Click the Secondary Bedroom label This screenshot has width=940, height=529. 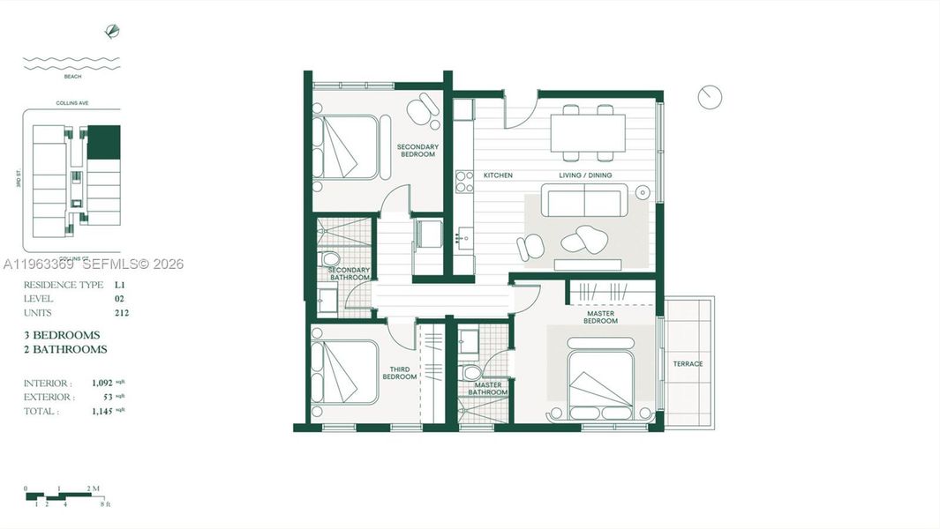(417, 151)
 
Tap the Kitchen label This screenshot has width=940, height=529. (498, 175)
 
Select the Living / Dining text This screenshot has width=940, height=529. (585, 175)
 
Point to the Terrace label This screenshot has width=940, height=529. (688, 364)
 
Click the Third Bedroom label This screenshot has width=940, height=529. (399, 373)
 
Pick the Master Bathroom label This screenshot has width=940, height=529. (488, 389)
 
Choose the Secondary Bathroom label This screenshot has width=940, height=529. (350, 274)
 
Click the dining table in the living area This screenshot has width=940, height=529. (588, 133)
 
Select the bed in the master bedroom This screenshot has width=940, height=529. (601, 385)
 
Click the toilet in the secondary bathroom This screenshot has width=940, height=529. (330, 258)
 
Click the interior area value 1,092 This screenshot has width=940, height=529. (103, 384)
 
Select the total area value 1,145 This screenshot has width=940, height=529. (103, 411)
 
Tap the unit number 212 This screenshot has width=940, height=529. (122, 313)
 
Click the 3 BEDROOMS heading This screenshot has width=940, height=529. (62, 335)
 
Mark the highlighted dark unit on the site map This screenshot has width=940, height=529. (104, 142)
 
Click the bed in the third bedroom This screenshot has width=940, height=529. (345, 372)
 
